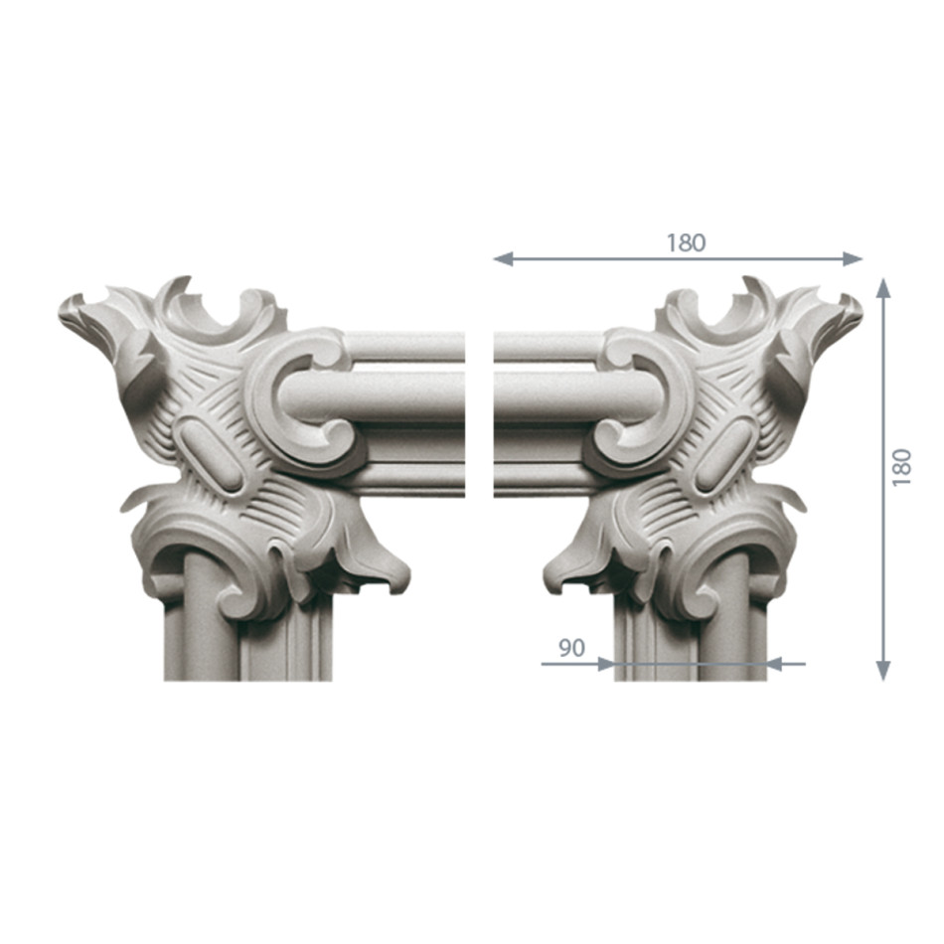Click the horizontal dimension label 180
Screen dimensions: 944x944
685,242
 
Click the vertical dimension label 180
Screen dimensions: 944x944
902,467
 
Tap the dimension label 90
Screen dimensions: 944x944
571,648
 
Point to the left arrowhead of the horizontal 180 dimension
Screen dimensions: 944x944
503,259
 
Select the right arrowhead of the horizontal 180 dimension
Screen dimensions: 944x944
854,259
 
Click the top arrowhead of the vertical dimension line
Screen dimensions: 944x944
882,288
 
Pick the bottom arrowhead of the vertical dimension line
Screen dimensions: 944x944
882,671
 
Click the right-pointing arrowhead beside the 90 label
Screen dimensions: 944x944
605,664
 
